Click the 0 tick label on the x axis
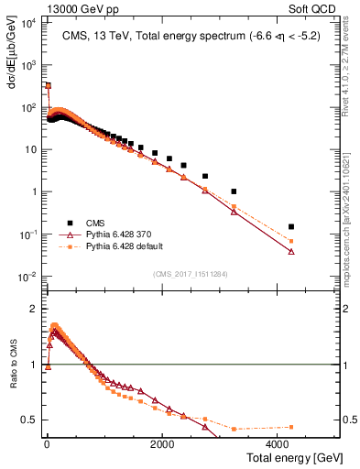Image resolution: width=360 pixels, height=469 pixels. point(47,443)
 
